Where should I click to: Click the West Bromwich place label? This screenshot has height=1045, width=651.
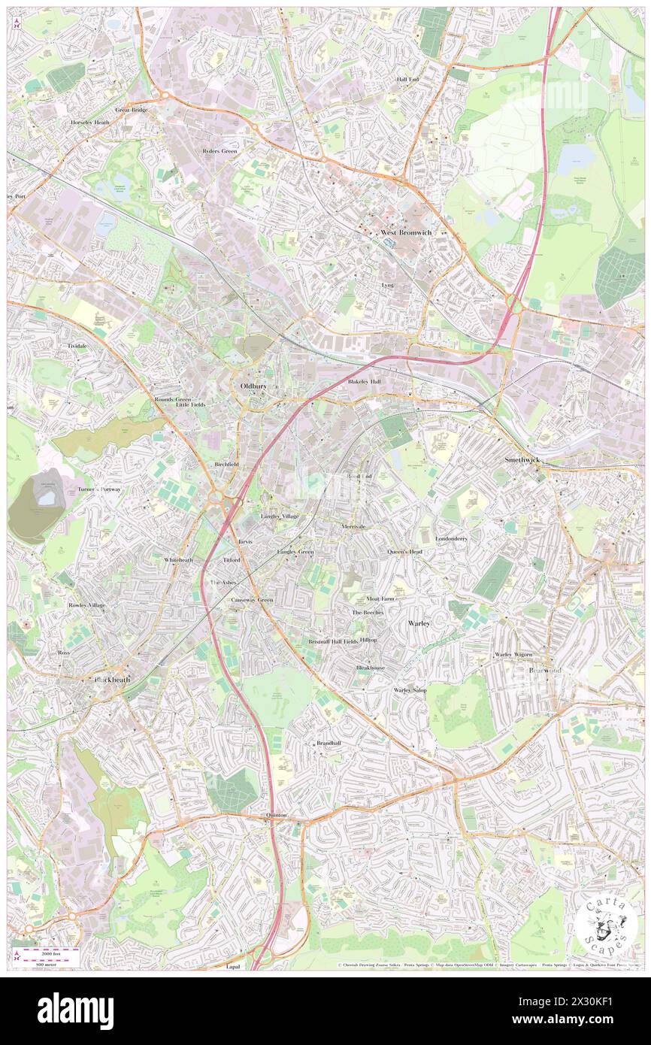405,233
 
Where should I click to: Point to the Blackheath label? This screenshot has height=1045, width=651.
112,680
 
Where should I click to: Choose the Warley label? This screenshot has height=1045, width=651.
419,624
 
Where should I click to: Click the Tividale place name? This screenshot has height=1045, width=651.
77,346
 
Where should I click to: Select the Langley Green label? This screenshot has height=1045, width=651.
295,552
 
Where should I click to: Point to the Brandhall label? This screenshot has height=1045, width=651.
329,743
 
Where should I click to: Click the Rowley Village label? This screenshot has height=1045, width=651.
87,605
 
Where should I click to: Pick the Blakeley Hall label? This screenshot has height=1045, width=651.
365,382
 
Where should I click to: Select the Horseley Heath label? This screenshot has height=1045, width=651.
90,122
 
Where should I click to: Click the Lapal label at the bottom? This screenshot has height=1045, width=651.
232,967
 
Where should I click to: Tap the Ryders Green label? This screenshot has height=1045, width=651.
220,151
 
